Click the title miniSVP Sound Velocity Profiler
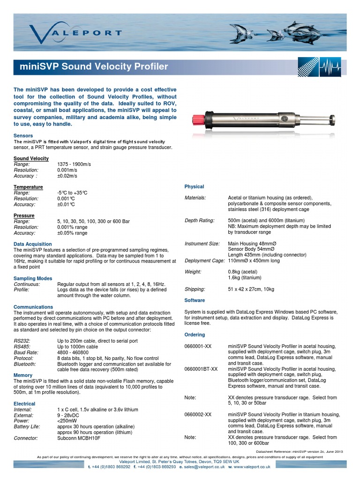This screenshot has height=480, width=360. [94, 67]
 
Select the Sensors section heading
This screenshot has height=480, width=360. [24, 135]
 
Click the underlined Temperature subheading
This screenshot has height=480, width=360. [28, 187]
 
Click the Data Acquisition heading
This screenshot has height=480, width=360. [33, 244]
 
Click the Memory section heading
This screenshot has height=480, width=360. [23, 375]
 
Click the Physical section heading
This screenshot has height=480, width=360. [195, 187]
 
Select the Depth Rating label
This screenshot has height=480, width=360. [200, 220]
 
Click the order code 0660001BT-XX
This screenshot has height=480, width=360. [202, 369]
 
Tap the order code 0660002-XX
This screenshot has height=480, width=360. [198, 414]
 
